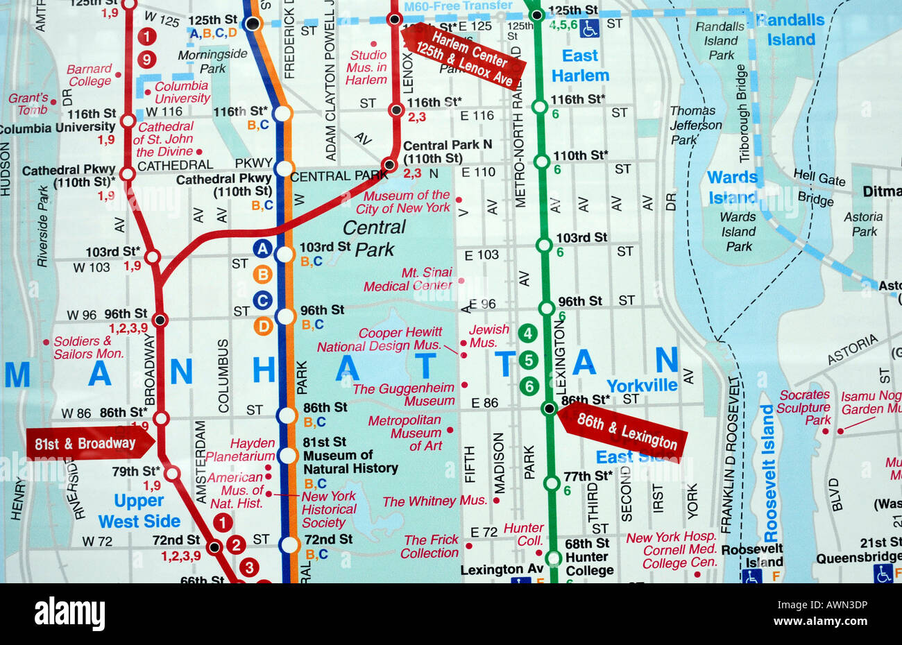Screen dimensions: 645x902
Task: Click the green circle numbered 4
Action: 528,334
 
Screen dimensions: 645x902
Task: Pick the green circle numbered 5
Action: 529,360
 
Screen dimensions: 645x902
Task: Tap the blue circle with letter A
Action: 262,248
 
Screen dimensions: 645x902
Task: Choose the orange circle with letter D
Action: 263,326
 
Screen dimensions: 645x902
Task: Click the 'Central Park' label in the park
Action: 375,238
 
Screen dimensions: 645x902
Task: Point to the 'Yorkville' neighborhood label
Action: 642,385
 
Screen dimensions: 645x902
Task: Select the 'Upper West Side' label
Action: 139,511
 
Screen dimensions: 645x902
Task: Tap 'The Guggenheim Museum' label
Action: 404,394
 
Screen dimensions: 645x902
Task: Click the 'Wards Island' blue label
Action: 733,187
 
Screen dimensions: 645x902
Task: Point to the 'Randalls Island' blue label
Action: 790,30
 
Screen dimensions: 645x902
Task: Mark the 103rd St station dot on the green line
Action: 544,245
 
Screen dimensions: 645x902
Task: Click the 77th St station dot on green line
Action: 552,483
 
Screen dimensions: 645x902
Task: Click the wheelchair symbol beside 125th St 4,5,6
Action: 590,28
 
